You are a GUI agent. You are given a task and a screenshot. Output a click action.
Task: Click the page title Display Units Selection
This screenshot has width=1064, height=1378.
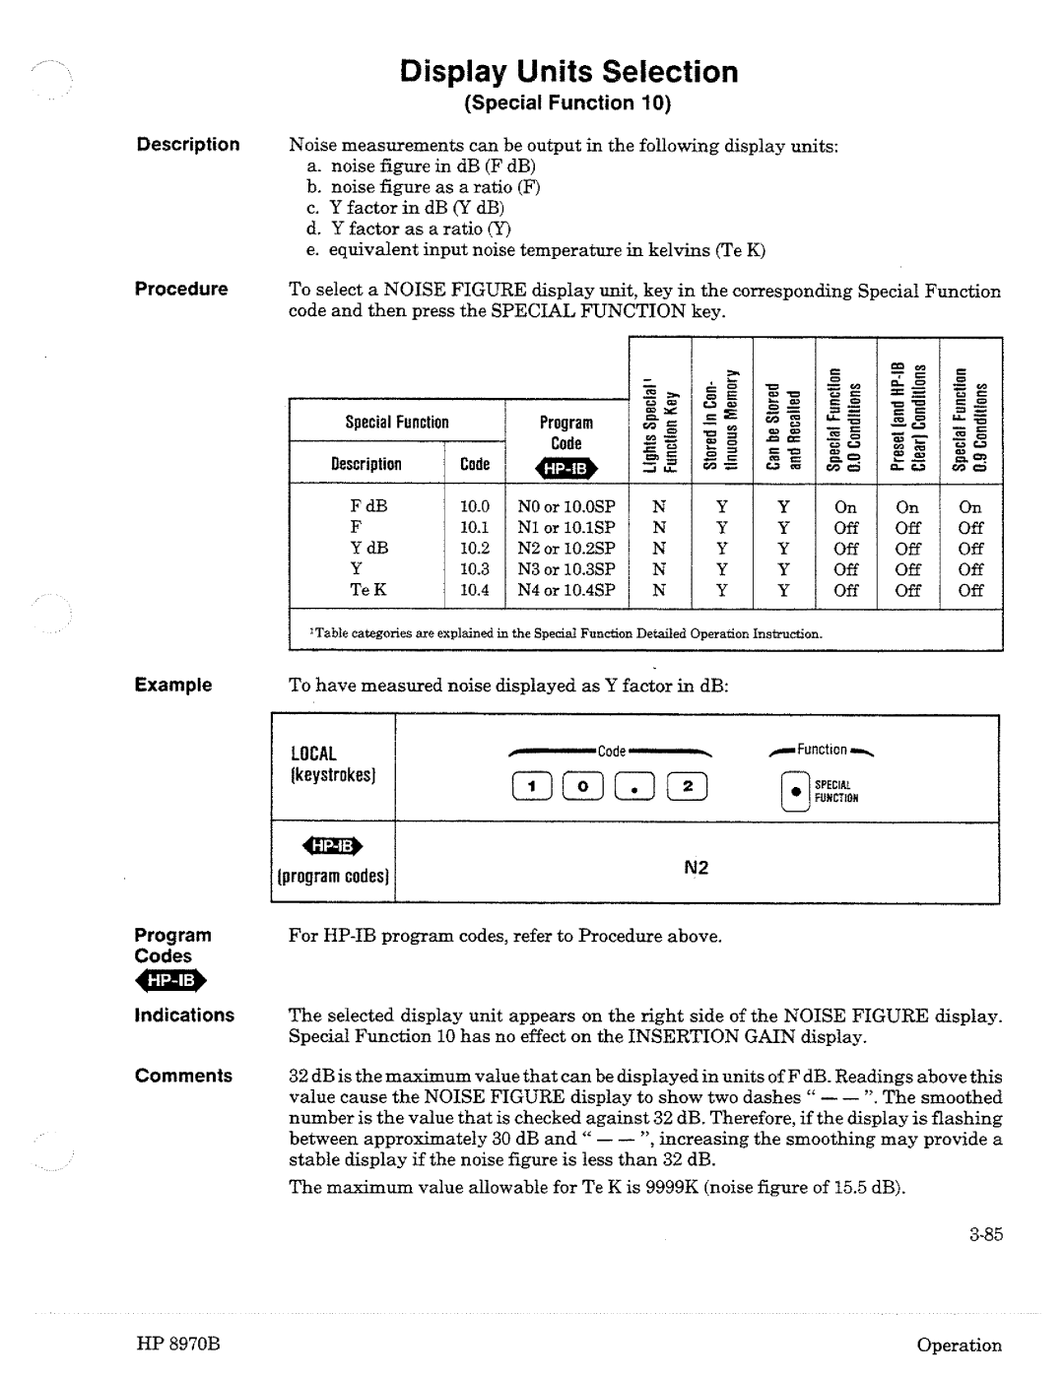[568, 72]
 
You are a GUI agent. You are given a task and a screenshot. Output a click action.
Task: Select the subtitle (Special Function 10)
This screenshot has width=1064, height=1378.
[568, 103]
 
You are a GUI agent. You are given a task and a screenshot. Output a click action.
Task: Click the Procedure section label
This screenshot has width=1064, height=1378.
[181, 290]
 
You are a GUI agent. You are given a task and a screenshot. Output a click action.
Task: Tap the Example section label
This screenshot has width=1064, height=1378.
[173, 685]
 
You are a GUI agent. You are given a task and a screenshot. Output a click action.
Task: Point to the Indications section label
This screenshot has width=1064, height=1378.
[184, 1016]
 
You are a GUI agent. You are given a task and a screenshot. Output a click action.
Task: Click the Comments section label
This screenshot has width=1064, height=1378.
[183, 1076]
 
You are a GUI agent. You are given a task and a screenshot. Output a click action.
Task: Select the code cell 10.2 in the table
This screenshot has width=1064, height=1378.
[474, 549]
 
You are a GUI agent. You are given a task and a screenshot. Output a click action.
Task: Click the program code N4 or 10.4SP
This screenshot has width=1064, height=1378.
[566, 590]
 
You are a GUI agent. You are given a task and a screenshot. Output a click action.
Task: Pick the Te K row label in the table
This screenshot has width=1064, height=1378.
[368, 590]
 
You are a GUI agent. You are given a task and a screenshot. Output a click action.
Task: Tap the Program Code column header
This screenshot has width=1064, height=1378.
[566, 433]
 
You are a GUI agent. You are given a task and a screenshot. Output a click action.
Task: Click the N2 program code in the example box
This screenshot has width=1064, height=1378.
[697, 869]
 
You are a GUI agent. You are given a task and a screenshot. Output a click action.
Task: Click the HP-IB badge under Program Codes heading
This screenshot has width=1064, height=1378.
[172, 981]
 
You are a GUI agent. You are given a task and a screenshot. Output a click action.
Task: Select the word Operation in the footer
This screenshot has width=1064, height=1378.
[959, 1345]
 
